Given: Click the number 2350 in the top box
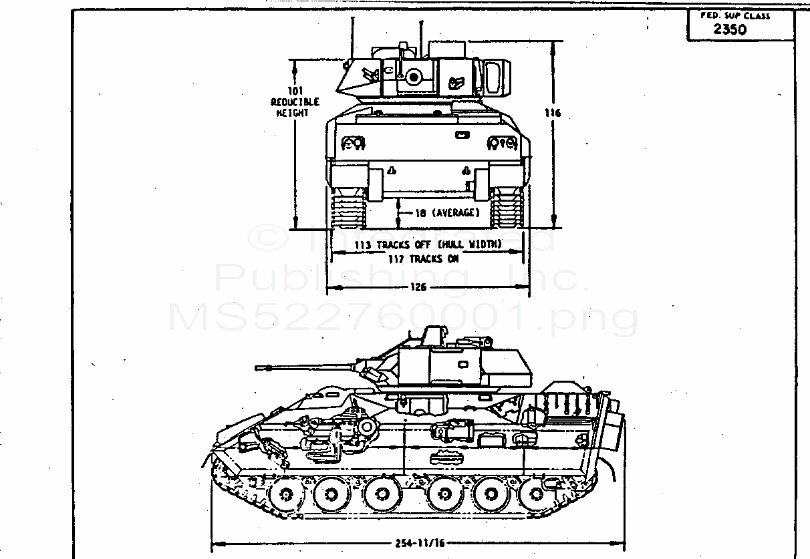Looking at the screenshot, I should click(x=730, y=29).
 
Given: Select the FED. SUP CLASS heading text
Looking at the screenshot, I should click(x=734, y=15).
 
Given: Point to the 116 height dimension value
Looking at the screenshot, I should click(x=552, y=114).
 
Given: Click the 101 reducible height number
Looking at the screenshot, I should click(x=295, y=91).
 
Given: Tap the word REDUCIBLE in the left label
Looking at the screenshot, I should click(x=295, y=102).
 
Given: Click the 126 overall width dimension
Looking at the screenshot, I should click(x=420, y=288).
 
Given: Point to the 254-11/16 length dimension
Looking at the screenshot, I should click(x=419, y=543).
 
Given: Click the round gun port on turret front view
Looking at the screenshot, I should click(x=414, y=77).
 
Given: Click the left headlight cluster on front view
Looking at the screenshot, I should click(x=352, y=142).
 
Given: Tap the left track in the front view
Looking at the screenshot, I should click(x=347, y=207).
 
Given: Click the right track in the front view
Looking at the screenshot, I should click(x=507, y=207).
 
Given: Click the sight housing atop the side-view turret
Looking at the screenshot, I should click(x=434, y=336).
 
